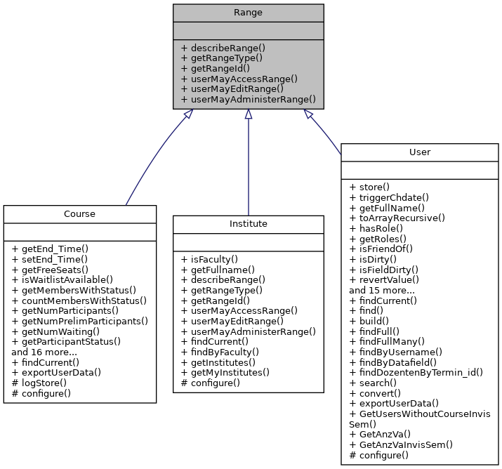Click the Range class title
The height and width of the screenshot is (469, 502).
(248, 13)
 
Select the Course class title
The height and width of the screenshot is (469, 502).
(79, 213)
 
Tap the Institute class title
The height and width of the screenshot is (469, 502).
(248, 223)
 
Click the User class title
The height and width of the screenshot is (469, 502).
(419, 152)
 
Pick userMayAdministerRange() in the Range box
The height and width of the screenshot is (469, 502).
(248, 100)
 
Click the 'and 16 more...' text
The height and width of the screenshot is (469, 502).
(46, 352)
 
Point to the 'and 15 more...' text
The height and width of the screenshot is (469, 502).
(383, 289)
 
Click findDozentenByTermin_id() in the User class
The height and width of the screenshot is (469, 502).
(416, 372)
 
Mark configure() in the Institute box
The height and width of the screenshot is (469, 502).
(211, 383)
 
